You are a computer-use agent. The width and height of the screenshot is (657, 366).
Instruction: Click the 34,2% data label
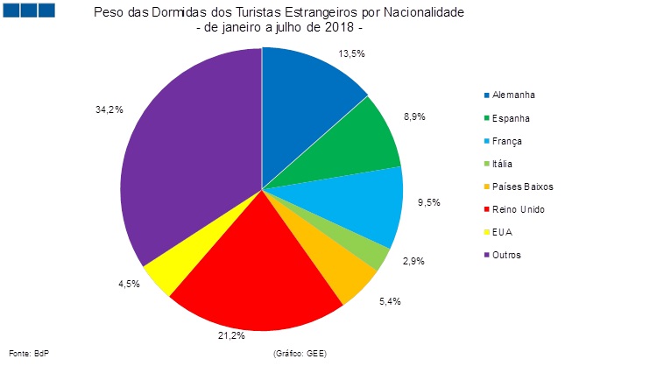pos(109,109)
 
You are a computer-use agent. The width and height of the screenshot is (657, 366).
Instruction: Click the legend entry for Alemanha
pos(513,95)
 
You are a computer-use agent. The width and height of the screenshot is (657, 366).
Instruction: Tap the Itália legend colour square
pos(486,164)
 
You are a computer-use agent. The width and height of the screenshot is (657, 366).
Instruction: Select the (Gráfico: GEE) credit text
pos(300,352)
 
